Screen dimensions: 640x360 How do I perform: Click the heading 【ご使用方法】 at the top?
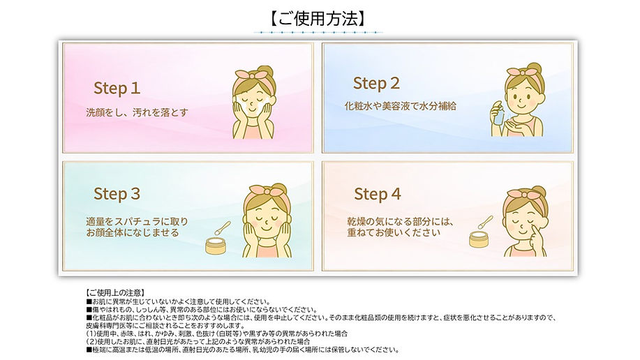318,18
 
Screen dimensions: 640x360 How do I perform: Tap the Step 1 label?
117,89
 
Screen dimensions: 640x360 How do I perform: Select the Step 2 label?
376,84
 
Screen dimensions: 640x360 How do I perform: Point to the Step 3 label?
117,194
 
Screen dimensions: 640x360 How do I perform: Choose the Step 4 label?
378,194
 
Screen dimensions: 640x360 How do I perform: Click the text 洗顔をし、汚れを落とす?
137,112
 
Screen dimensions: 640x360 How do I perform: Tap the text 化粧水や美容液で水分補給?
401,106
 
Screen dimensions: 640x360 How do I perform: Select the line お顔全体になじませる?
132,232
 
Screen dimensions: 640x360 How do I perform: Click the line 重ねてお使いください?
394,232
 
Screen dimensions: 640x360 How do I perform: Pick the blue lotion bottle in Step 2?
498,114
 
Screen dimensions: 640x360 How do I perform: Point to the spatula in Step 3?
223,228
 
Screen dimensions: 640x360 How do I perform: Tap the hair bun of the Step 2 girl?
533,68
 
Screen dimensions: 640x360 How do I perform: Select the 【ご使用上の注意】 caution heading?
115,292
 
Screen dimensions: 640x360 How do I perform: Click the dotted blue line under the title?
318,33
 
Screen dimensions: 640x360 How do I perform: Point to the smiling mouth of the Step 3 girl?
265,227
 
